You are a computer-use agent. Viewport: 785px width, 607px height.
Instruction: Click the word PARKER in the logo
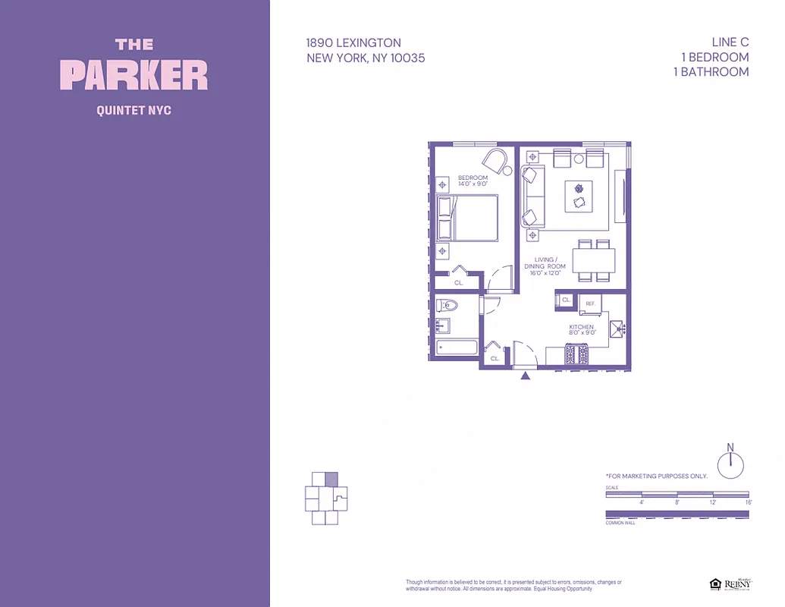tap(134, 76)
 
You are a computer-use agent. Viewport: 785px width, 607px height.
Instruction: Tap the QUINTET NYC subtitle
tap(134, 111)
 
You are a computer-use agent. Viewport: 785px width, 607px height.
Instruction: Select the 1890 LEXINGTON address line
tap(353, 43)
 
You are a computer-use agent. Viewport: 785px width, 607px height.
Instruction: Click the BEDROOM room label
tap(473, 178)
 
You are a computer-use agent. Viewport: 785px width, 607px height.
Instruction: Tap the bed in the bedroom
tap(467, 218)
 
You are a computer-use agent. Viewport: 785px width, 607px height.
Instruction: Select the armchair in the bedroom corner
tap(495, 162)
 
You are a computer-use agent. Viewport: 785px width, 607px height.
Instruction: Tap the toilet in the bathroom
tap(447, 307)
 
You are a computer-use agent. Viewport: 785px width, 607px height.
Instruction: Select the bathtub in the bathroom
tap(457, 349)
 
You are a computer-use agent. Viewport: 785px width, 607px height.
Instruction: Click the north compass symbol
tap(730, 464)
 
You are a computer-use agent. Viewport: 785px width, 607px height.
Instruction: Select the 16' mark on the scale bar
tap(748, 502)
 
